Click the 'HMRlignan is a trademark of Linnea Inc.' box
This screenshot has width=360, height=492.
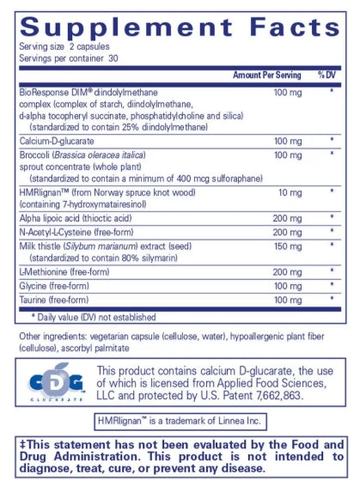point(180,421)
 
